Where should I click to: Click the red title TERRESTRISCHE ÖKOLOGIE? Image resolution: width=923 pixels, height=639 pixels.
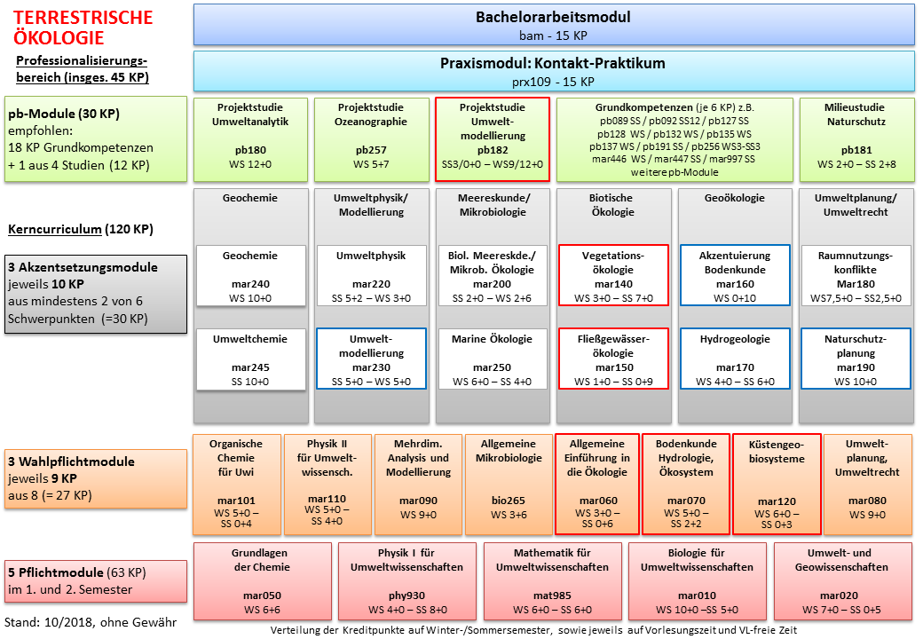tap(83, 28)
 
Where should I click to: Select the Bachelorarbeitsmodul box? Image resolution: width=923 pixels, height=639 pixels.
tap(553, 25)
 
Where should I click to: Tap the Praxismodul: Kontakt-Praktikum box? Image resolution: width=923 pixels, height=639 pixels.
tap(553, 71)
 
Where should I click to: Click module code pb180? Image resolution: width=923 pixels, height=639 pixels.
tap(250, 150)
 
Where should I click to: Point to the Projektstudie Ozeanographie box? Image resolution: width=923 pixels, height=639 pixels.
tap(372, 139)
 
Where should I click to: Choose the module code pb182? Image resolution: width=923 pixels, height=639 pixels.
tap(492, 150)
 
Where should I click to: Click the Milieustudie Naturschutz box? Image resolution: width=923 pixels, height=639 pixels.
tap(856, 139)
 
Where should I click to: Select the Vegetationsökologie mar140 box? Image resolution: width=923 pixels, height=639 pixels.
tap(612, 275)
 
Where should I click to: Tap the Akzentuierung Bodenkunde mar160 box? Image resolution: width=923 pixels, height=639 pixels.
tap(735, 275)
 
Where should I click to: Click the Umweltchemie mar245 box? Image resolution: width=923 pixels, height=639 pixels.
tap(250, 359)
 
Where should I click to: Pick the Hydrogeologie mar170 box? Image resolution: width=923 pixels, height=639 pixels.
tap(735, 359)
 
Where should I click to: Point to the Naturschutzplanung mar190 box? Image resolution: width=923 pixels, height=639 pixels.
tap(856, 359)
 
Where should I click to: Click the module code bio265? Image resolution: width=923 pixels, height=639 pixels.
tap(508, 501)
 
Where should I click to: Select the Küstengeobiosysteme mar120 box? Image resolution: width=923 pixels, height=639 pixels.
tap(777, 485)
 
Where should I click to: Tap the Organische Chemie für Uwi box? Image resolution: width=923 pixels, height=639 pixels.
tap(236, 485)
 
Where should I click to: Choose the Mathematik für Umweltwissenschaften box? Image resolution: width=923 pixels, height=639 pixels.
tap(552, 581)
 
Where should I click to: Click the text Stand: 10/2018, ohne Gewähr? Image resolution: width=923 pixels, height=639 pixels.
tap(91, 622)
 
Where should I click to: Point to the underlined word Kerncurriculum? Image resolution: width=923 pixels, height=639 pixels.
tap(55, 229)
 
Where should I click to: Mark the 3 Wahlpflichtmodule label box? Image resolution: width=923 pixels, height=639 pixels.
tap(96, 478)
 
